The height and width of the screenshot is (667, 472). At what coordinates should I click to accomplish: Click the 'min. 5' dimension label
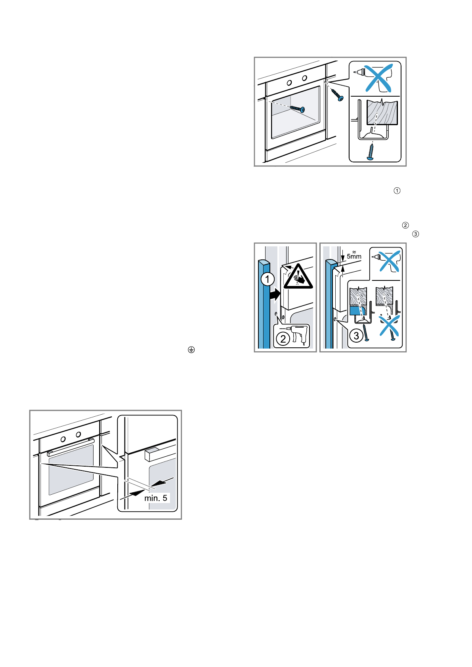[x=155, y=498]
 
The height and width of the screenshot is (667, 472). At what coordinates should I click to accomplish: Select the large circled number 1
[x=268, y=279]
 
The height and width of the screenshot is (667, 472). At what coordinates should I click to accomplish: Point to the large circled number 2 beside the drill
[x=283, y=339]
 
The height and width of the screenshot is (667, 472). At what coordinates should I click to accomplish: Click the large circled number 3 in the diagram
[x=356, y=336]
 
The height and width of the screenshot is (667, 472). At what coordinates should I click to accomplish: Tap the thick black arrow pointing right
[x=275, y=295]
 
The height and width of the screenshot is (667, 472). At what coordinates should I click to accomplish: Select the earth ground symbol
[x=191, y=350]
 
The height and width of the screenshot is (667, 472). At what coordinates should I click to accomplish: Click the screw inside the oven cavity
[x=298, y=109]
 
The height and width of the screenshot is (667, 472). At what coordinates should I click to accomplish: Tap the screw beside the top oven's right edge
[x=337, y=95]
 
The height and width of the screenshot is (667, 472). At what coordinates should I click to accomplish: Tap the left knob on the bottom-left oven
[x=63, y=440]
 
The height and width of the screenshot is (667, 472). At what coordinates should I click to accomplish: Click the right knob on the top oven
[x=304, y=78]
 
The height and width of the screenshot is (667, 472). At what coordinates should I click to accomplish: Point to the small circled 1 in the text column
[x=397, y=191]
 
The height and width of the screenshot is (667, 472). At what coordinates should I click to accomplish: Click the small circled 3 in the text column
[x=415, y=234]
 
